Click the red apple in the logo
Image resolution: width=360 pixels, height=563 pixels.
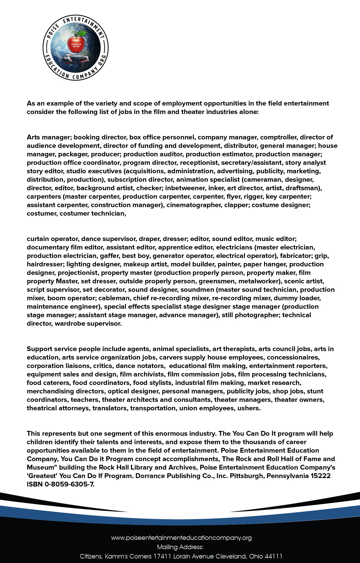click(x=76, y=45)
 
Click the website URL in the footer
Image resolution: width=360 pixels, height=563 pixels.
click(x=181, y=538)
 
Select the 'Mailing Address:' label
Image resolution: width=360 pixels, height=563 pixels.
click(x=180, y=547)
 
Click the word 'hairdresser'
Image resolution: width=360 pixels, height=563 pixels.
click(x=45, y=264)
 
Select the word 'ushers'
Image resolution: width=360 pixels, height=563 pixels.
click(x=249, y=408)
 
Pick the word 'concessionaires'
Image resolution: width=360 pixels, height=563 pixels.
click(x=293, y=357)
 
